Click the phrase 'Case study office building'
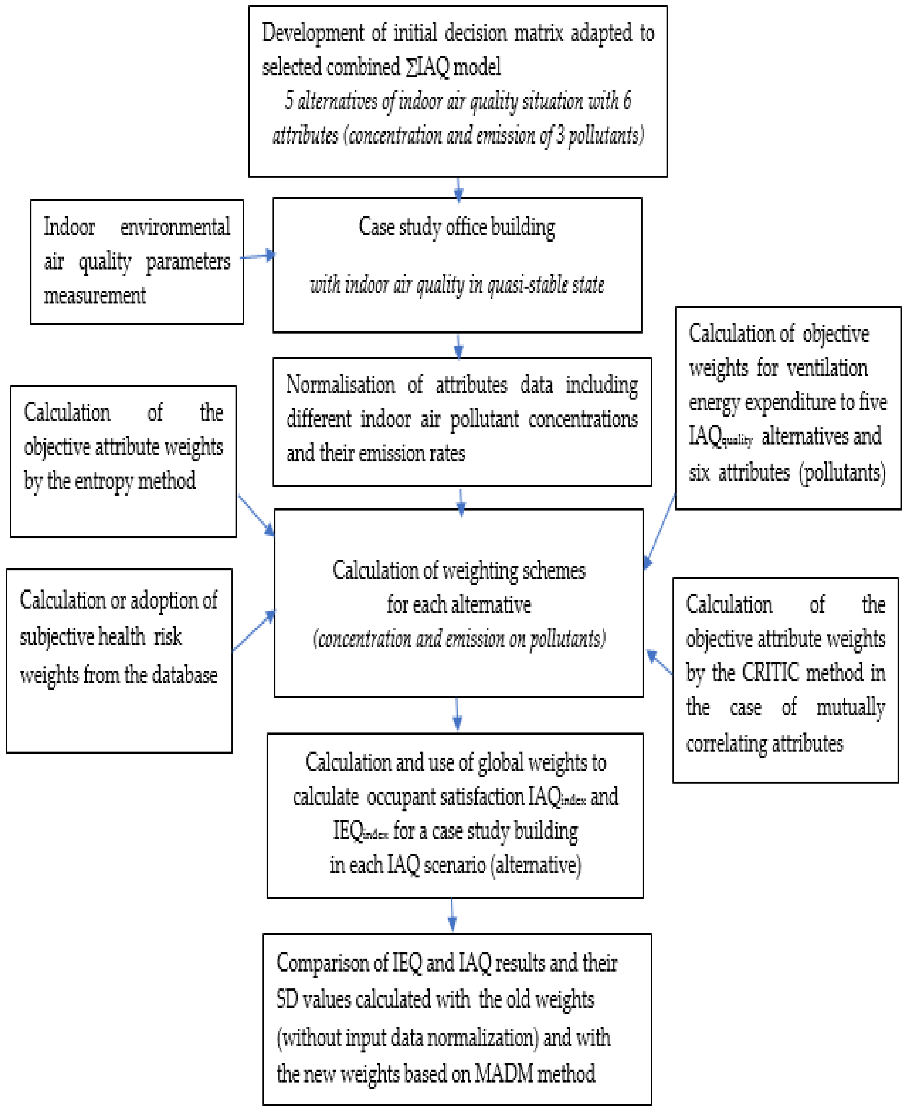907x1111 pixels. (457, 227)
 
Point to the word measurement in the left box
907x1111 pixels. (94, 296)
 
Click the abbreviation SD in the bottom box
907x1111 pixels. (287, 999)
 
